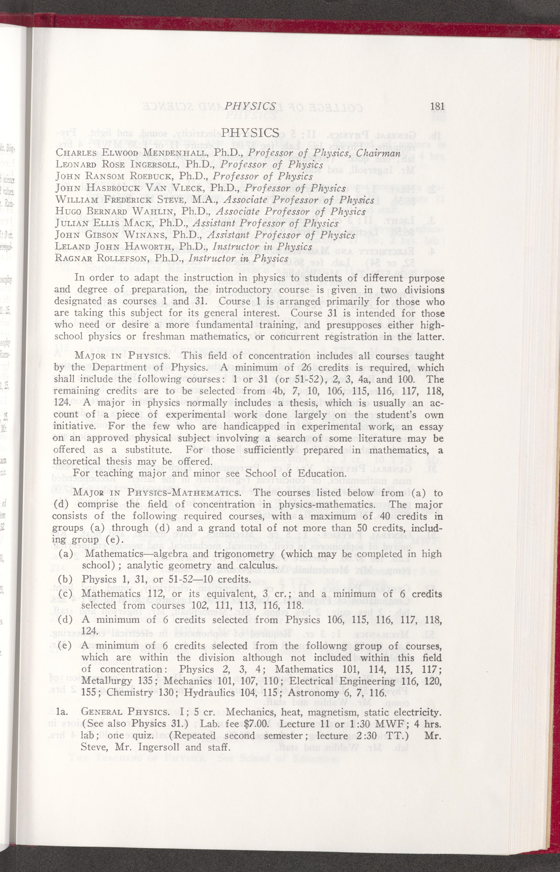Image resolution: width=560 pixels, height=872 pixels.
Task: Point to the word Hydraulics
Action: click(210, 693)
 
